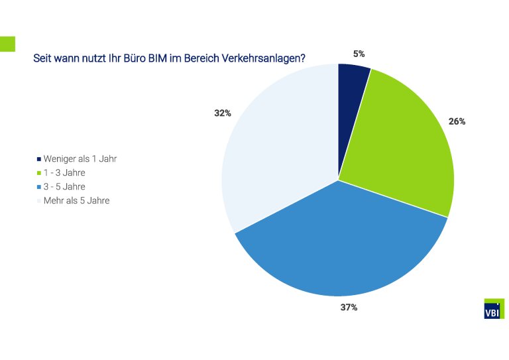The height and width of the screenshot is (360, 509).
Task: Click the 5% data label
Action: (359, 54)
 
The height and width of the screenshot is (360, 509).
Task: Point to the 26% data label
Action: (457, 121)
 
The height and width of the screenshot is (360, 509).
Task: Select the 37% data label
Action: (349, 307)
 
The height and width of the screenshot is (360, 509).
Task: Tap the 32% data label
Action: (222, 113)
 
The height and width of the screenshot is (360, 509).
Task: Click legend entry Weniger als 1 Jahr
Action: (80, 158)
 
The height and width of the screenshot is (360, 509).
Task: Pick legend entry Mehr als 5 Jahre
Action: (76, 200)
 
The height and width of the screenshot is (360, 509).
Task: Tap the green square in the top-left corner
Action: (7, 44)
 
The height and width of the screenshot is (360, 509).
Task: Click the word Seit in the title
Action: (42, 58)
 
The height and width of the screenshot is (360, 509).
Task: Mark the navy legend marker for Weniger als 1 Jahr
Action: (38, 159)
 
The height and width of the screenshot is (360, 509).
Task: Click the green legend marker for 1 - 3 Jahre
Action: (38, 173)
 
